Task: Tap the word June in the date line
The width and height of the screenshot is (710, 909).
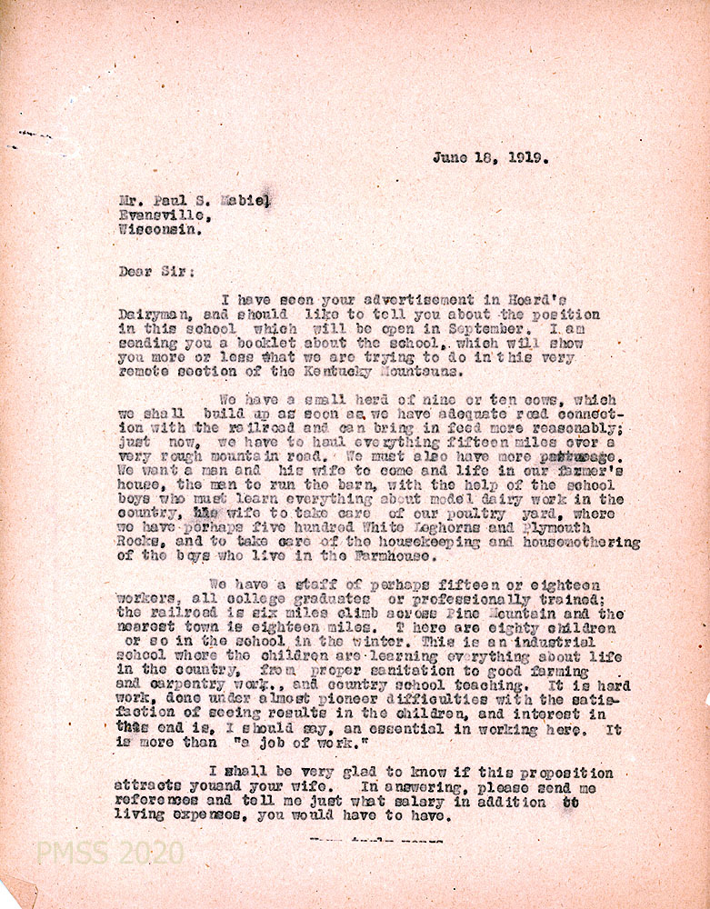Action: coord(450,156)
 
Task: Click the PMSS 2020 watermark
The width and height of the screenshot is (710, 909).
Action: coord(109,854)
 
